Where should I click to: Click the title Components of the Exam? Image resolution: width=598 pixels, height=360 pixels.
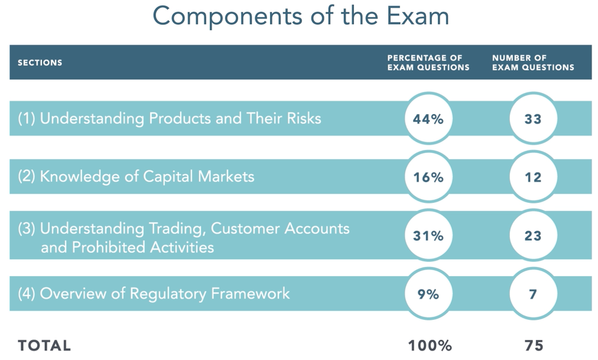tap(301, 16)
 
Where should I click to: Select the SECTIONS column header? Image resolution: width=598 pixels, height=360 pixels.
tap(40, 63)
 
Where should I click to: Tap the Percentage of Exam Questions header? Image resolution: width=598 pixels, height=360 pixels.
tap(428, 63)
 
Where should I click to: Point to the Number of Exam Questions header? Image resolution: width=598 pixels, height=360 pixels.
tap(533, 63)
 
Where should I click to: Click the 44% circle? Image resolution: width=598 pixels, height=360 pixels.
tap(428, 118)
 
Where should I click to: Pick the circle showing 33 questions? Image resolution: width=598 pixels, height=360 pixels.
tap(533, 118)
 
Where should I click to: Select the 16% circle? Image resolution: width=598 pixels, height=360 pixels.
tap(428, 177)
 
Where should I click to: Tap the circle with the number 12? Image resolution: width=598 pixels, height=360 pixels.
tap(533, 177)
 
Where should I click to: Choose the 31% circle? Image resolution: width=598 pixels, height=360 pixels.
tap(428, 235)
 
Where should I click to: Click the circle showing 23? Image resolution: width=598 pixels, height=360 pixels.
tap(533, 235)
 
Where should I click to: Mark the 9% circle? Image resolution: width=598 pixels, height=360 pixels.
tap(428, 294)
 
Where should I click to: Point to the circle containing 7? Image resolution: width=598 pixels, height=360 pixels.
tap(533, 294)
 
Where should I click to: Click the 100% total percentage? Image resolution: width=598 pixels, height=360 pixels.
tap(430, 345)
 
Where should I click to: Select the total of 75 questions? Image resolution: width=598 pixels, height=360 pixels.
tap(534, 345)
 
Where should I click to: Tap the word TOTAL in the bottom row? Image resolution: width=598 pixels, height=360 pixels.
tap(44, 345)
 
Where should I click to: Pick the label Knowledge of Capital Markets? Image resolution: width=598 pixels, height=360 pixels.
tap(147, 177)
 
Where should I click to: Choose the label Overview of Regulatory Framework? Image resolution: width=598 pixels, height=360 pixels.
tap(165, 294)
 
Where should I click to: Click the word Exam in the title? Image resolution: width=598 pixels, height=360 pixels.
tap(418, 16)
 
